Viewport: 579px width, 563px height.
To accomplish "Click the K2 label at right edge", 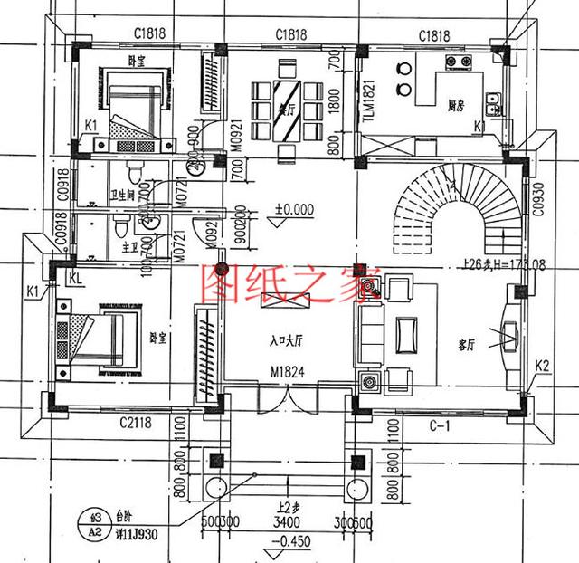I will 543,366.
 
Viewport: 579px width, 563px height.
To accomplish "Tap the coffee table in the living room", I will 406,334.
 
